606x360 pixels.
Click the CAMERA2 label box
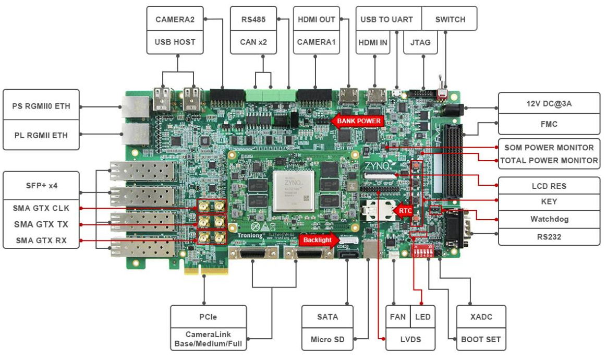(175, 19)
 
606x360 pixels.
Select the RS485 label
(253, 19)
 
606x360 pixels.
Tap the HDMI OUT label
(316, 19)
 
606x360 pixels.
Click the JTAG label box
(420, 42)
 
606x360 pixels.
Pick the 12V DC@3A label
(549, 103)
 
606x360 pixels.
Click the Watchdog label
(549, 219)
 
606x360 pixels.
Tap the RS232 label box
(549, 237)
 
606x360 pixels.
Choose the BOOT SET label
(480, 339)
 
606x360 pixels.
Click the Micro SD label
(328, 339)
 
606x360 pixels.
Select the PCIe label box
(208, 317)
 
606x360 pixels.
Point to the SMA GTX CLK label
(41, 208)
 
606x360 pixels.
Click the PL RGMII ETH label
(41, 135)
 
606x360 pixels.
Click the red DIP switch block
(422, 251)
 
